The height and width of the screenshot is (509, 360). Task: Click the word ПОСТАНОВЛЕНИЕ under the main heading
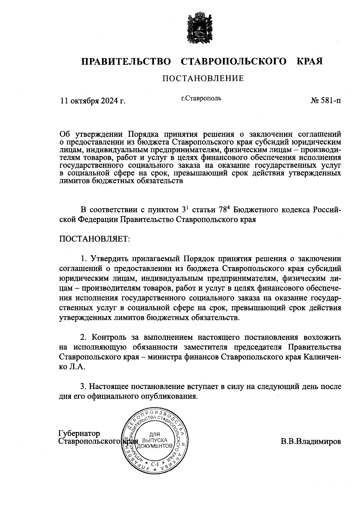coord(203,79)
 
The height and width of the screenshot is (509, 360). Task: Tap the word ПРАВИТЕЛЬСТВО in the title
coord(126,62)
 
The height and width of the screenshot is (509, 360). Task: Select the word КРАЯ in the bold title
coord(310,62)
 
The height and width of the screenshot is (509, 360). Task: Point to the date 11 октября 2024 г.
coord(93,101)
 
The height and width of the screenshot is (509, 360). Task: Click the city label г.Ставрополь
coord(201,98)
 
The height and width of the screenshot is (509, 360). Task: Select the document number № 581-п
coord(325,101)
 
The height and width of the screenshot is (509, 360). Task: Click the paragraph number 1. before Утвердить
coord(84,259)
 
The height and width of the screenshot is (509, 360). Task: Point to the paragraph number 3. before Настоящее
coord(84,386)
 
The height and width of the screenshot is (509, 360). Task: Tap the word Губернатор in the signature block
coord(79,433)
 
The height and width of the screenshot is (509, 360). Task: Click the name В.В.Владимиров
coord(311,442)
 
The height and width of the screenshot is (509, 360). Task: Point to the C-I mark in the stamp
coord(155,464)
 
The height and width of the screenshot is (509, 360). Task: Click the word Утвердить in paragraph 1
coord(110,259)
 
